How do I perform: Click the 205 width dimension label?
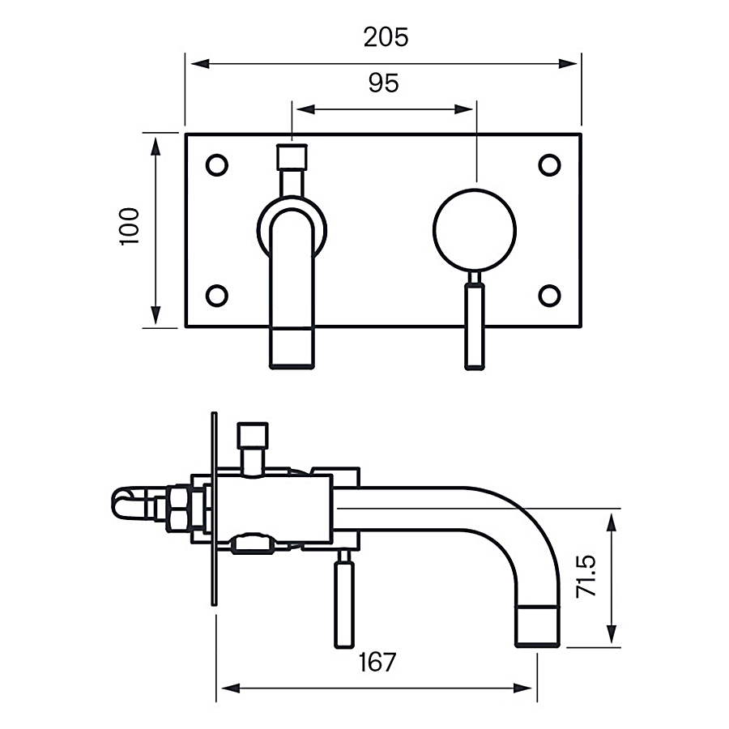click(x=386, y=37)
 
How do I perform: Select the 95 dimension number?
click(x=383, y=83)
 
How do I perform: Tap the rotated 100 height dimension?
click(x=130, y=226)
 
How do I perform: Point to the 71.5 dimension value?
click(x=586, y=576)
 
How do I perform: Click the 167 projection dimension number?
click(x=377, y=662)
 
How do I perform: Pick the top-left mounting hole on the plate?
click(x=217, y=164)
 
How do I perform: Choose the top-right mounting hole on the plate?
click(x=550, y=164)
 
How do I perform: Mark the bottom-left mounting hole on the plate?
click(x=217, y=296)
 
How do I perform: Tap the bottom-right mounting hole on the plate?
click(x=550, y=296)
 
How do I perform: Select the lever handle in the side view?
click(x=344, y=603)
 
